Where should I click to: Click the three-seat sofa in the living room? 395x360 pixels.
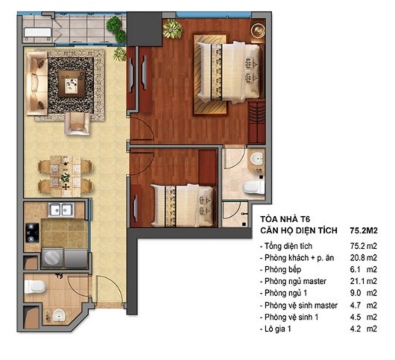(36, 84)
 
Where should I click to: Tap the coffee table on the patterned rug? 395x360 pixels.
(72, 81)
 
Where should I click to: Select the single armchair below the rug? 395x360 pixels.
(77, 123)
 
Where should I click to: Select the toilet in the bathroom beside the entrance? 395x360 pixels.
(37, 287)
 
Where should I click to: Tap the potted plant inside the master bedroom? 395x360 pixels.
(173, 30)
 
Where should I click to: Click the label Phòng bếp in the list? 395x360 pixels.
(284, 269)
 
